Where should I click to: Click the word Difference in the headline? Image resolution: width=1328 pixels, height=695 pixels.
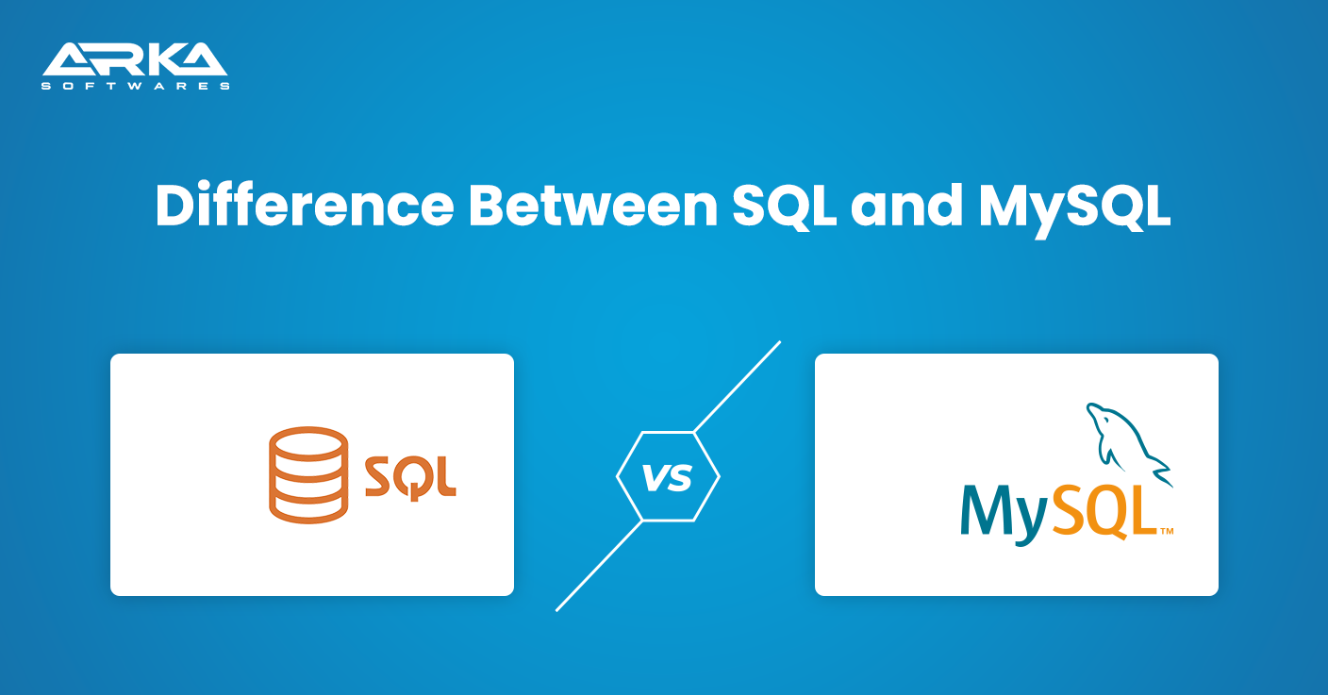[305, 206]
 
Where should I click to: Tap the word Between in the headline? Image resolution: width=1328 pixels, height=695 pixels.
[593, 206]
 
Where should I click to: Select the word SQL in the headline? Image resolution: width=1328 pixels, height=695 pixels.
[785, 207]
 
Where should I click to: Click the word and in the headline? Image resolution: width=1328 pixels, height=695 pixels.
[906, 206]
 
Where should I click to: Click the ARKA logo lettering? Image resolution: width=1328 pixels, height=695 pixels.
[135, 58]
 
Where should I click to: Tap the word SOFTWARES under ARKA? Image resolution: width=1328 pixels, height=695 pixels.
[135, 86]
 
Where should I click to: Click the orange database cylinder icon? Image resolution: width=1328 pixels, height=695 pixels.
[308, 474]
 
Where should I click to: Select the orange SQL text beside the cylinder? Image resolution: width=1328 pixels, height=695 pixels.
[410, 477]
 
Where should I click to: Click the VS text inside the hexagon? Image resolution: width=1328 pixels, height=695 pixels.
[668, 477]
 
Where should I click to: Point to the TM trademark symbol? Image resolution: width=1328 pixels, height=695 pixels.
[1167, 531]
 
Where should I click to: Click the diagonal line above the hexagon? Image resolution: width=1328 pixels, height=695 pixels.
[737, 387]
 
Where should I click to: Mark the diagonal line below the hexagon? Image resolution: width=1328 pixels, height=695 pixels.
[599, 566]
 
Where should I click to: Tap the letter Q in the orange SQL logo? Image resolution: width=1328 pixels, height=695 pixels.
[410, 478]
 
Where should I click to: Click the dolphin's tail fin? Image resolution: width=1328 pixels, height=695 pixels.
[1161, 472]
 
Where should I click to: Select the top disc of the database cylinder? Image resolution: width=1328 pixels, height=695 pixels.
[308, 443]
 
